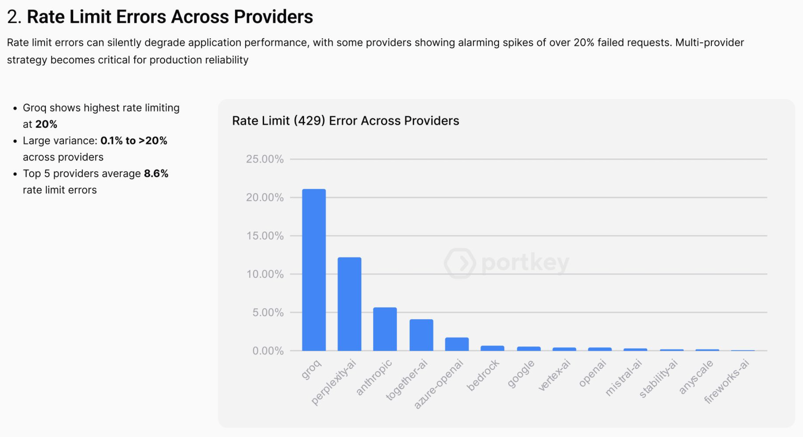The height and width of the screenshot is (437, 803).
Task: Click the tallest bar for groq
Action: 314,270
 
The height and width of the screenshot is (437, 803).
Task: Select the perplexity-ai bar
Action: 349,304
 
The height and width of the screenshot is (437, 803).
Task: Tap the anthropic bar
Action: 385,329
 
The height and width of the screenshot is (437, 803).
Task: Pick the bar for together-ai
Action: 421,335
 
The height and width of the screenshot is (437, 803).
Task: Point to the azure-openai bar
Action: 457,344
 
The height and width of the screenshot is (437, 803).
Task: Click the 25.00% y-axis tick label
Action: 265,159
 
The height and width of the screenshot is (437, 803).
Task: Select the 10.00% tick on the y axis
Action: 265,274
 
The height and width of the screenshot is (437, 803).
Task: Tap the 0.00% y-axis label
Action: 268,351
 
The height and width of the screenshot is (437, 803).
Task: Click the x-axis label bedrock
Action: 483,375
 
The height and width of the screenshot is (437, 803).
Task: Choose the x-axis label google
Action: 521,374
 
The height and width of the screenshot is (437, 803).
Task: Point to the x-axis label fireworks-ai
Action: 727,382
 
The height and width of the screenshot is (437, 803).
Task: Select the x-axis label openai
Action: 592,374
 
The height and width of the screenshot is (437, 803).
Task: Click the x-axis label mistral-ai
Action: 624,378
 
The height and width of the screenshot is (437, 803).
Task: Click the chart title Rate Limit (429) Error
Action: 345,120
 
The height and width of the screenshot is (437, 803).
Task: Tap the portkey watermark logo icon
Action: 460,263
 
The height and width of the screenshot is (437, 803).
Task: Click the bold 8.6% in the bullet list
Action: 156,174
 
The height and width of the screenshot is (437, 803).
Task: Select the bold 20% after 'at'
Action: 46,124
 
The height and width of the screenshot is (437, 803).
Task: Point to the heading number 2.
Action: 13,17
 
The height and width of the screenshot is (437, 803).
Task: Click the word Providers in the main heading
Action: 273,17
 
